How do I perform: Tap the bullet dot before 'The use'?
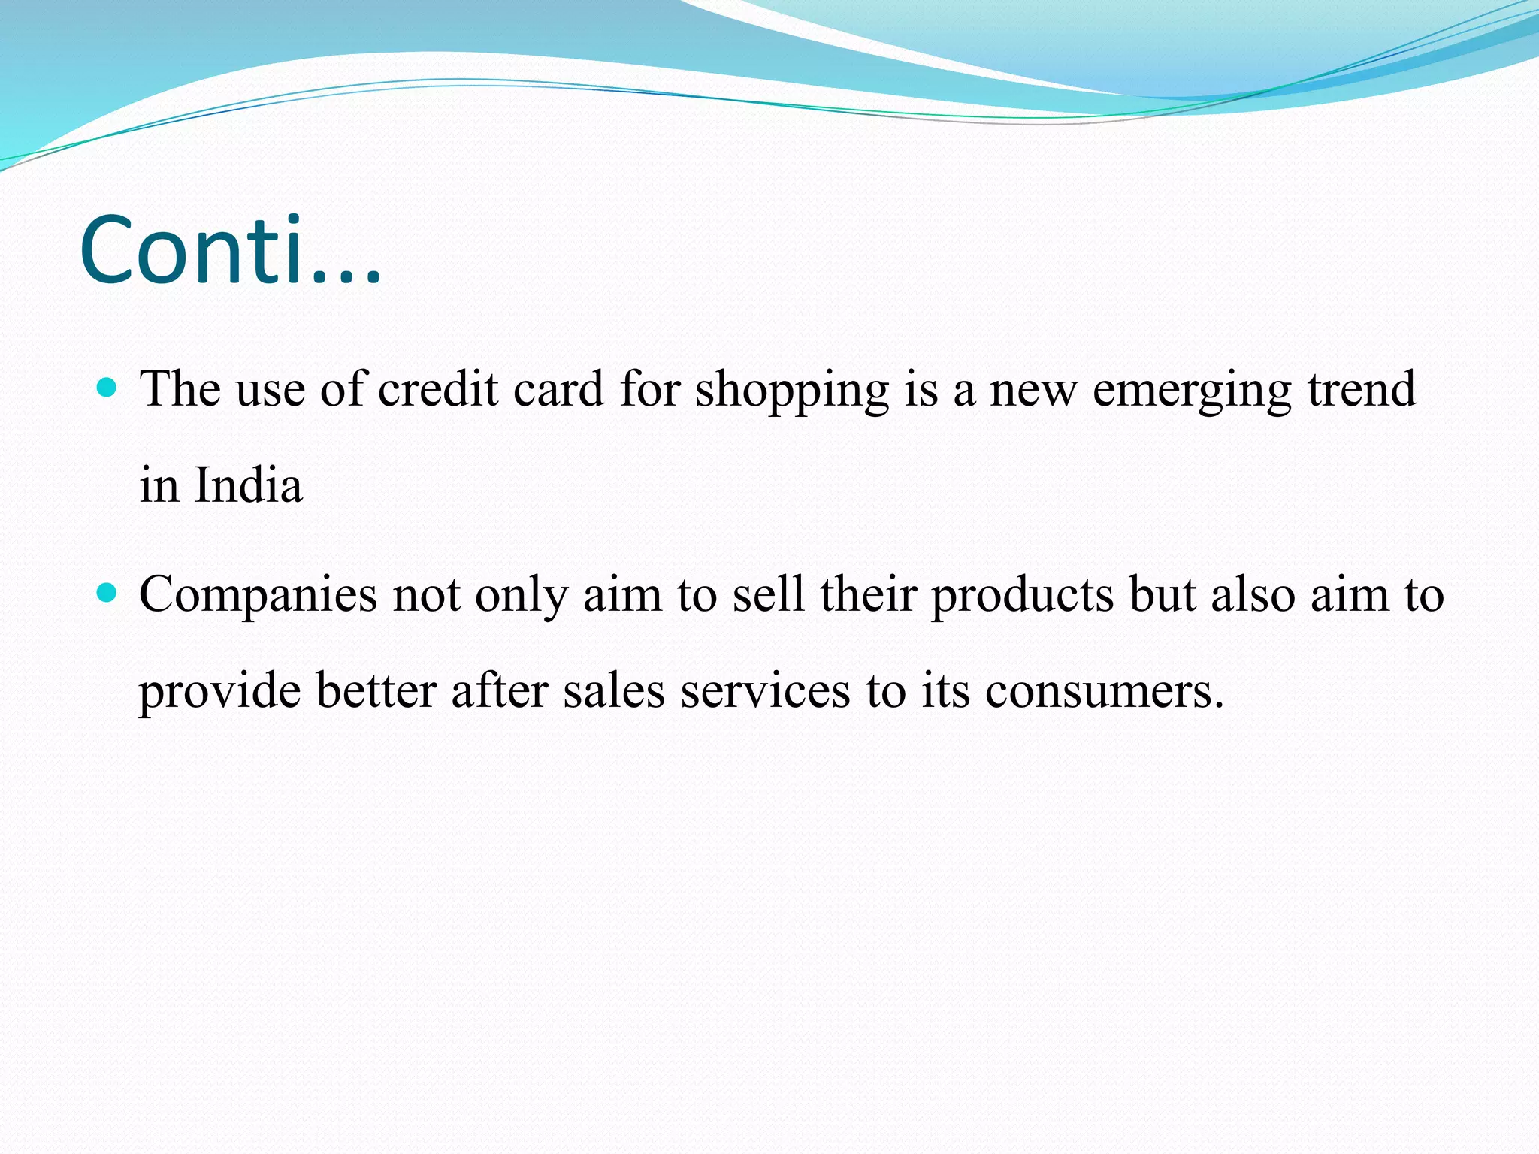(108, 388)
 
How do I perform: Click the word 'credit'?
(438, 389)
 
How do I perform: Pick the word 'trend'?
(1362, 389)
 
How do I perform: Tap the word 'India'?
(249, 485)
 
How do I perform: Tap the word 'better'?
(376, 690)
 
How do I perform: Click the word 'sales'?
(614, 690)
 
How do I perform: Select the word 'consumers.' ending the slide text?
(1105, 692)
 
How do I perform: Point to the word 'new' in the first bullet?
(1033, 391)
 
